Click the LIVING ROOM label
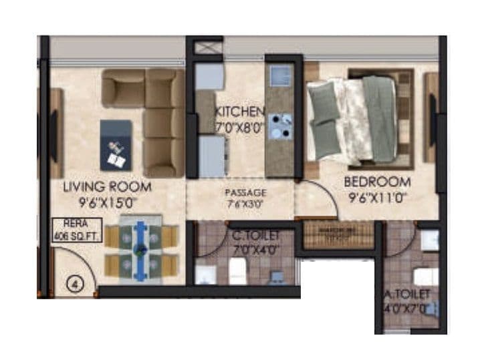107,186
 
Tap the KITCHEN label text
239,111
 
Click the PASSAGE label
245,192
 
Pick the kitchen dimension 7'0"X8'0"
239,124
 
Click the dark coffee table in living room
116,145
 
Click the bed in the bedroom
359,118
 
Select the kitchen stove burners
279,126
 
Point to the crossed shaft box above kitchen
205,49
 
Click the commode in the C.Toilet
238,271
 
